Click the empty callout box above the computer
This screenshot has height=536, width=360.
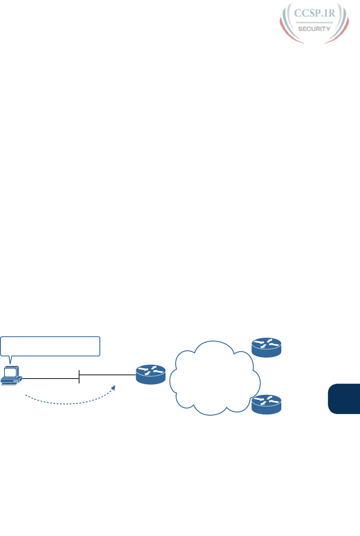pyautogui.click(x=51, y=346)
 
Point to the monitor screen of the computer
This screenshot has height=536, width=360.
pyautogui.click(x=10, y=373)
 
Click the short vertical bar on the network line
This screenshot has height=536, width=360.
pyautogui.click(x=79, y=376)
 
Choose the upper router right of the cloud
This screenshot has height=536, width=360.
pyautogui.click(x=266, y=347)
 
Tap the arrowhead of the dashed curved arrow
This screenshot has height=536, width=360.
pyautogui.click(x=114, y=387)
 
